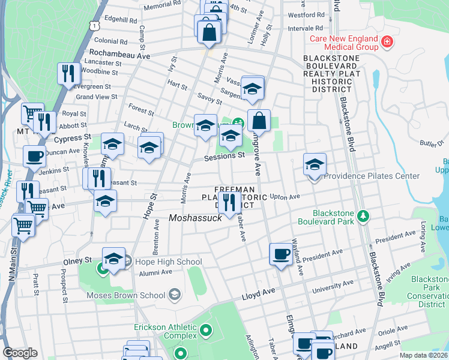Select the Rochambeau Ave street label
(119, 54)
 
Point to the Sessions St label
(224, 155)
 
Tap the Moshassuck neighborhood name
(195, 218)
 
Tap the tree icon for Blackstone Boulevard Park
(363, 215)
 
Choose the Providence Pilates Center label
(372, 176)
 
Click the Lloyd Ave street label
(258, 294)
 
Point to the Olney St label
(78, 261)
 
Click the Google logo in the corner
(20, 353)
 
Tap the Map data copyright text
(424, 355)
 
